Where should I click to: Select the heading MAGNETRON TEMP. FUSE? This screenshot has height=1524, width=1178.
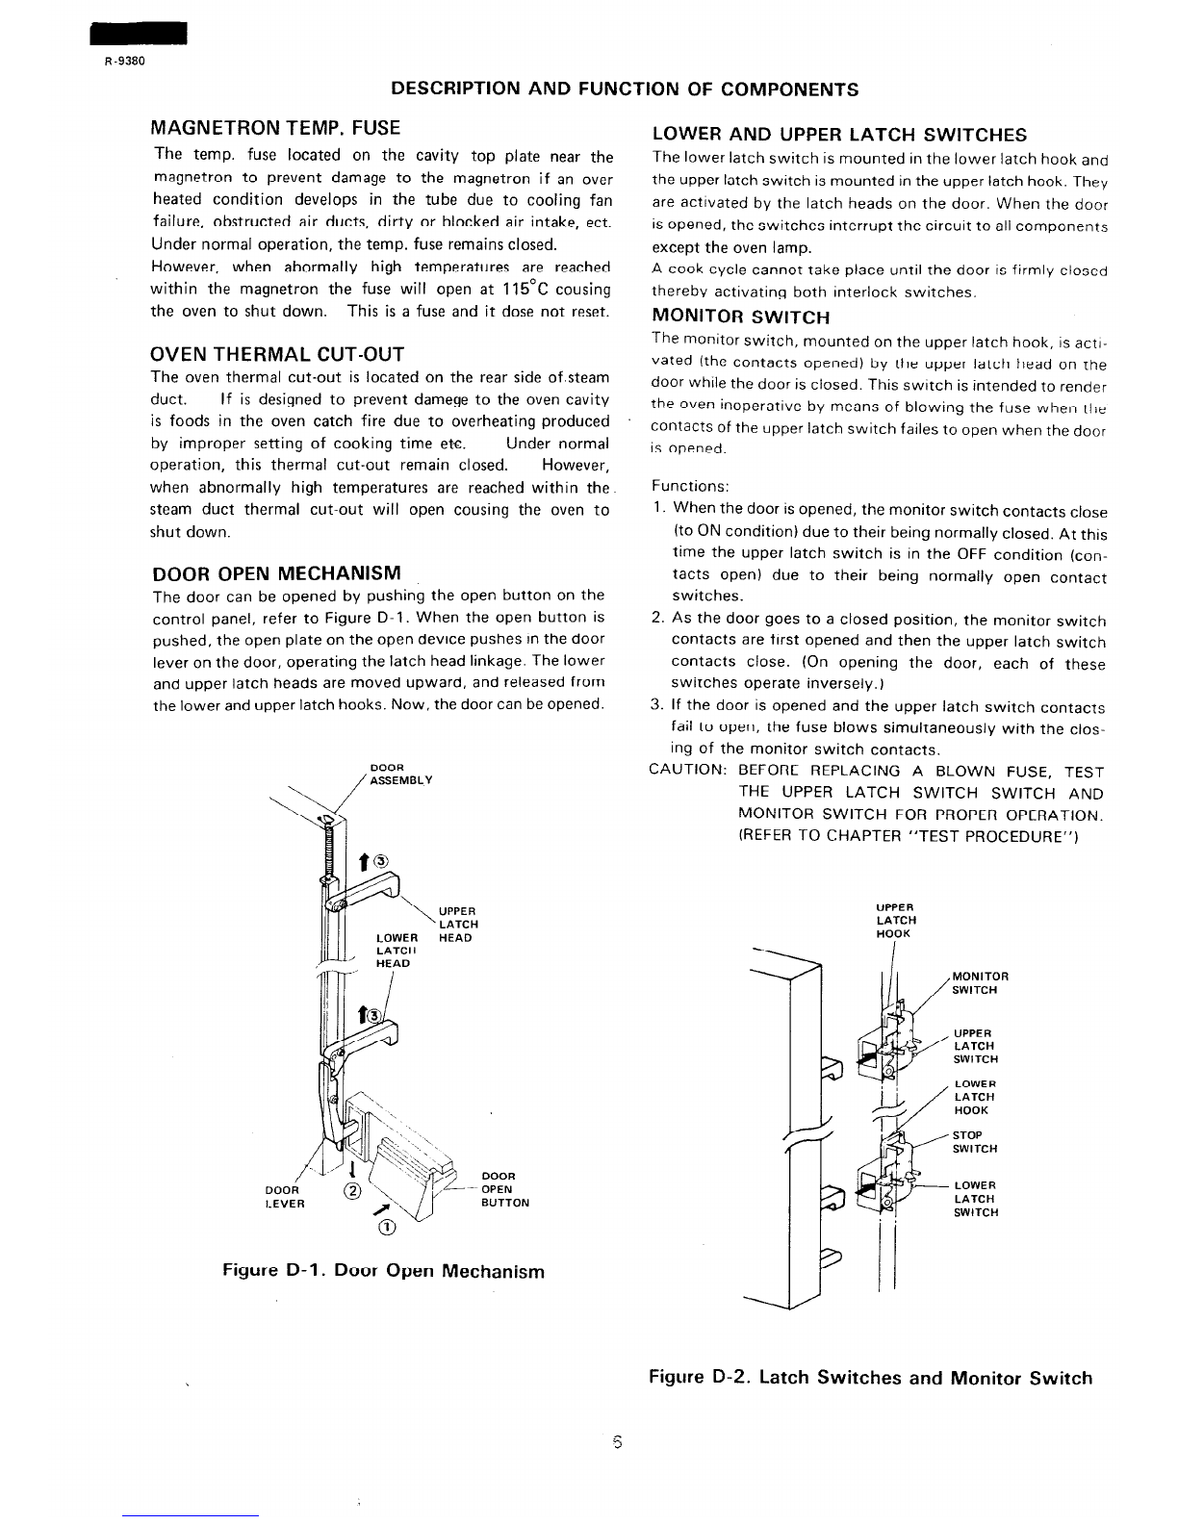276,127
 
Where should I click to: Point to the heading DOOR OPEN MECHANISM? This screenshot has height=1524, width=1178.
276,573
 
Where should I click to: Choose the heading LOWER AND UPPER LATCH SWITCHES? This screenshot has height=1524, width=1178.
839,135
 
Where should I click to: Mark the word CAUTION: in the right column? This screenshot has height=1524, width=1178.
687,771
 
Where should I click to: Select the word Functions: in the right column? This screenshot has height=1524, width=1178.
690,486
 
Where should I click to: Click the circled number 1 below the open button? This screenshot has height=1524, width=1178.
386,1227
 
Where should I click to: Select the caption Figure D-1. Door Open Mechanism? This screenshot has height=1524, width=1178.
383,1271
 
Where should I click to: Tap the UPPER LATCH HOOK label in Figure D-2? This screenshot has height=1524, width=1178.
895,920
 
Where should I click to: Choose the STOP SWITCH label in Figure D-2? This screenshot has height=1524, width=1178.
974,1141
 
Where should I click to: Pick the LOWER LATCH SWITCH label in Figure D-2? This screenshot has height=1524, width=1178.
975,1199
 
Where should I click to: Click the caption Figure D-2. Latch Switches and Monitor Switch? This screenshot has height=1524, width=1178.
870,1378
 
